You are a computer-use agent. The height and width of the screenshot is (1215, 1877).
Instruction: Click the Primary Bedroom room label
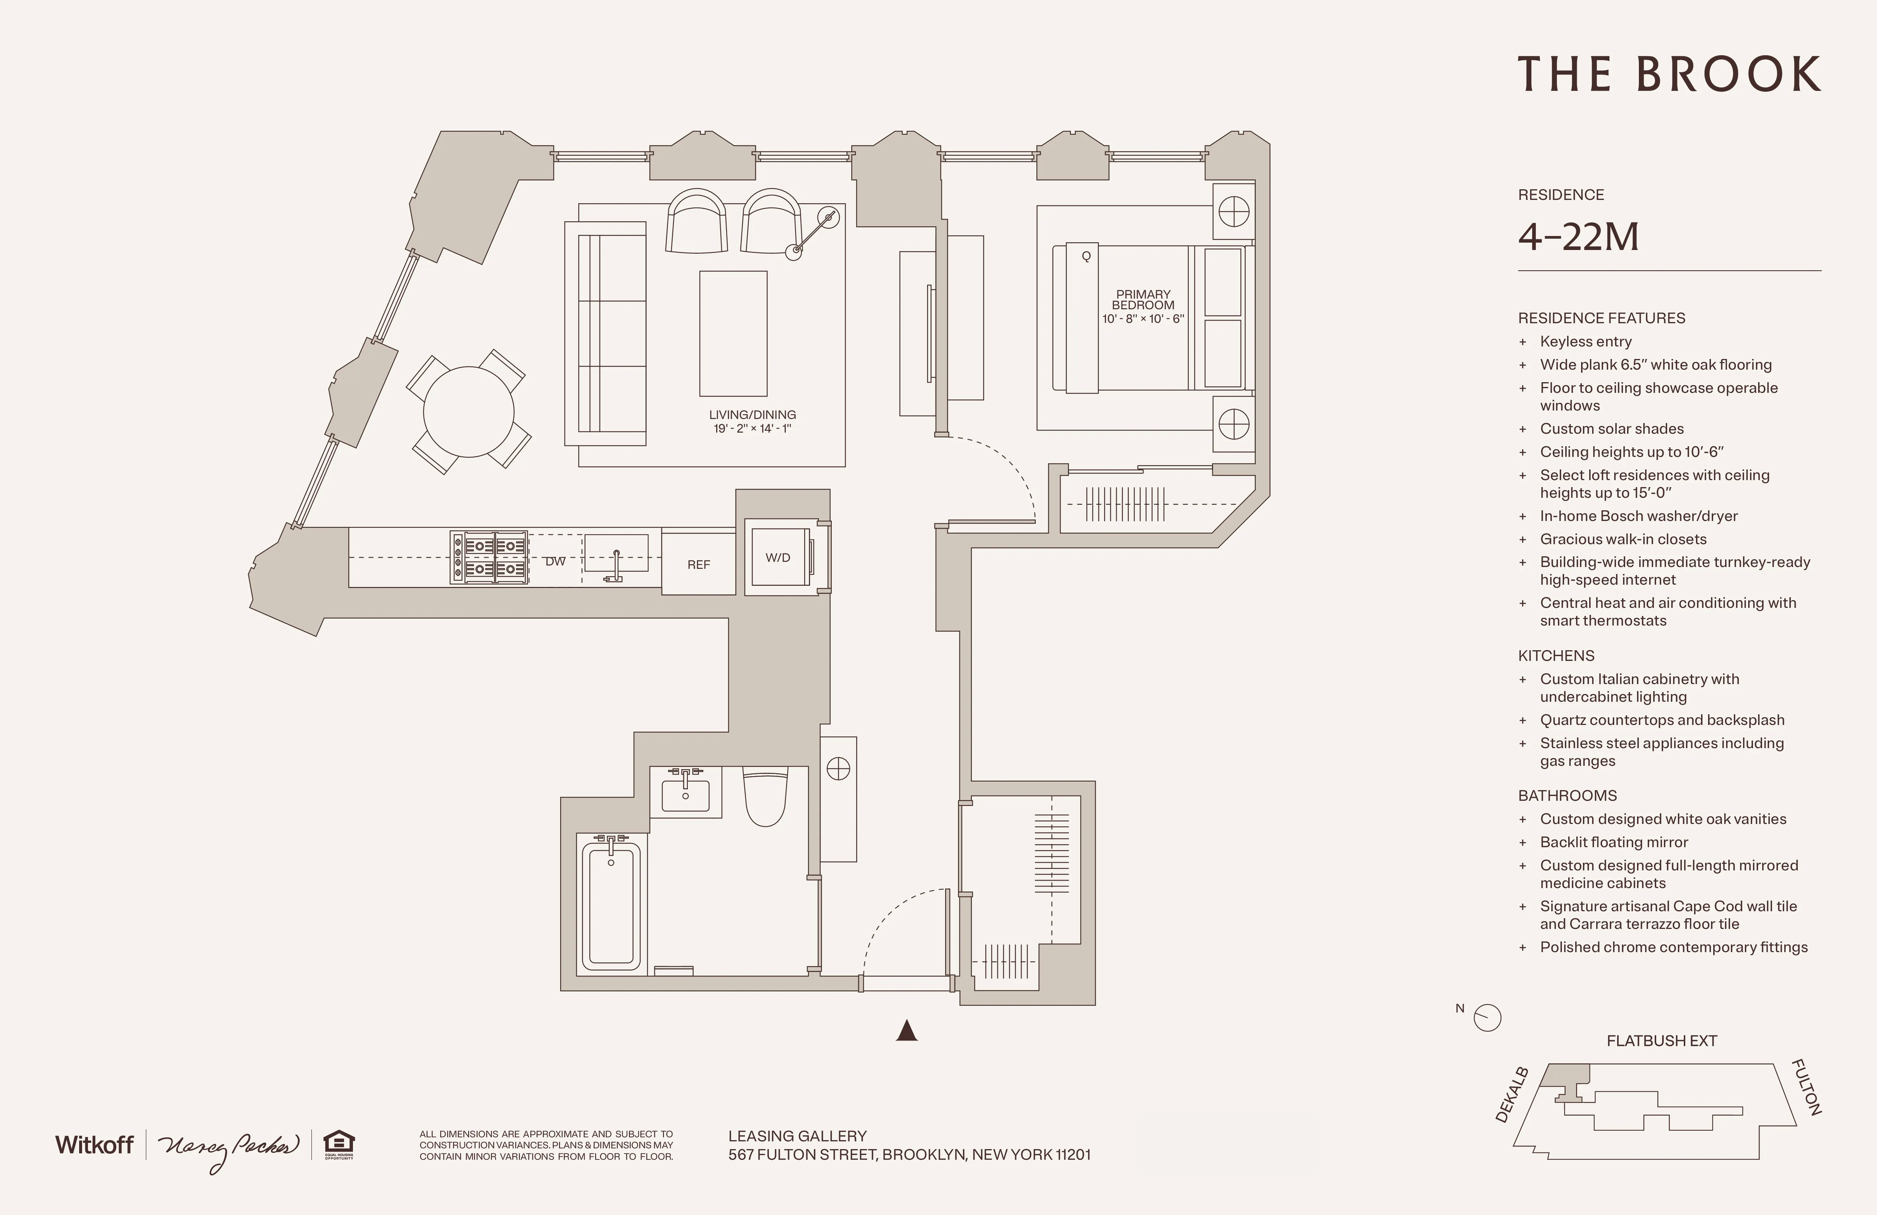coord(1143,300)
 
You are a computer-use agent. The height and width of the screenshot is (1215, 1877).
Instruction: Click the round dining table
coord(469,411)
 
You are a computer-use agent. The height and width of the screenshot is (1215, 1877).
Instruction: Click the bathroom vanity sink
coord(685,794)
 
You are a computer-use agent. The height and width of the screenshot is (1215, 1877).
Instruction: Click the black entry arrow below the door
coord(907,1031)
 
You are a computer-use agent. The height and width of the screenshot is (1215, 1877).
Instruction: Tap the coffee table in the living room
coord(733,333)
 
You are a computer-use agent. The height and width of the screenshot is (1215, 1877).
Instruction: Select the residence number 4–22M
coord(1578,237)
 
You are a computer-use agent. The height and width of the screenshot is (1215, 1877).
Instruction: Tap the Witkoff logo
coord(94,1145)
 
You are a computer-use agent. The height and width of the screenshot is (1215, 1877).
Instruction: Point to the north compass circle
coord(1487,1018)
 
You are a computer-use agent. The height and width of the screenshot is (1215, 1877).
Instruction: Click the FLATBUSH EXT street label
coord(1661,1040)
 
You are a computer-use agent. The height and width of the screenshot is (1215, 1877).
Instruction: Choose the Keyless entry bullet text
coord(1585,342)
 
